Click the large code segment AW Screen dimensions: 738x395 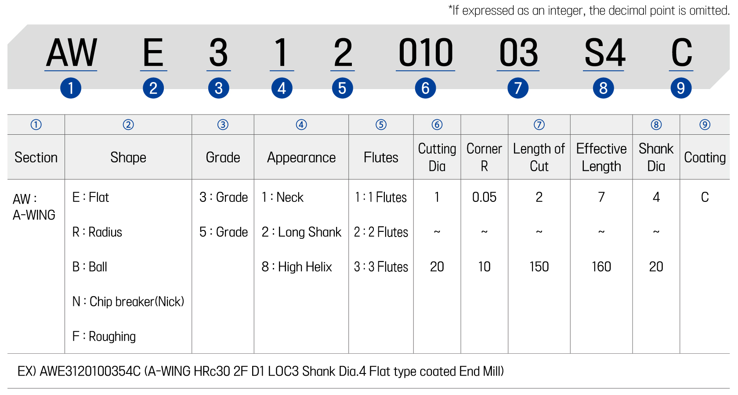click(71, 52)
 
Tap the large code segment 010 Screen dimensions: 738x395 click(426, 52)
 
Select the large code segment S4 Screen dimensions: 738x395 click(604, 52)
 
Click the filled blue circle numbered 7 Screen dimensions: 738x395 click(518, 88)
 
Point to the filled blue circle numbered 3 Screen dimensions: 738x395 click(219, 88)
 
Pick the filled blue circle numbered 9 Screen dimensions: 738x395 click(681, 88)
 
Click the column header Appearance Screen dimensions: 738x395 click(301, 157)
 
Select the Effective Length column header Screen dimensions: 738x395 click(601, 157)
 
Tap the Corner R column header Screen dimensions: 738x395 click(484, 157)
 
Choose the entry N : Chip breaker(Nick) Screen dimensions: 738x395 click(128, 302)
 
